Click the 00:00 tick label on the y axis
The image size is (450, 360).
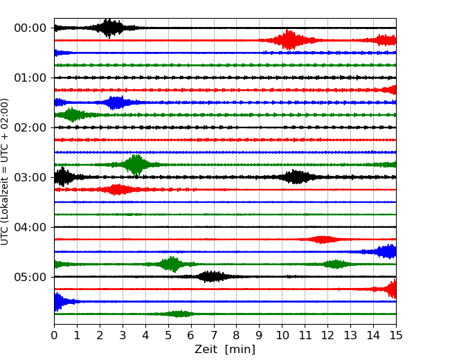[x=30, y=28]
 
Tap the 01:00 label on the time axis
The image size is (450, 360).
[x=30, y=78]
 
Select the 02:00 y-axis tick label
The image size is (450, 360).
[x=30, y=127]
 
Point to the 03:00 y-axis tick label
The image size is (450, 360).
[x=30, y=177]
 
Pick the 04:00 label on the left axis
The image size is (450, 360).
[x=30, y=227]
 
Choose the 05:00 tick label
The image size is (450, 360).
[x=30, y=277]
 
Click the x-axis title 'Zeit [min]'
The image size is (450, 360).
[x=225, y=350]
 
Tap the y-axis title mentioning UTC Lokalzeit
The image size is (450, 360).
[x=6, y=171]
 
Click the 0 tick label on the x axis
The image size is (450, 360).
[x=54, y=336]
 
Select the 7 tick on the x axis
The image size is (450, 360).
[x=213, y=336]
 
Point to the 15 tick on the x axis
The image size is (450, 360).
[x=396, y=336]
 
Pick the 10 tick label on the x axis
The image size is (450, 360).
[x=282, y=336]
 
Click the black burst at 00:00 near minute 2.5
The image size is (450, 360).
[x=109, y=28]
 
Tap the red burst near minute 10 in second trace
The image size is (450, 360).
[x=289, y=40]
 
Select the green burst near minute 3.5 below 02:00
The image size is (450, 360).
[x=136, y=165]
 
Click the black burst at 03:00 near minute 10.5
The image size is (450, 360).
[x=297, y=177]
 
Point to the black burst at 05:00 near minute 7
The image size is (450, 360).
[x=212, y=277]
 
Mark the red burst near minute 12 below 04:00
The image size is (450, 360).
[x=321, y=240]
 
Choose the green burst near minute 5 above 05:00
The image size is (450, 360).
[x=171, y=264]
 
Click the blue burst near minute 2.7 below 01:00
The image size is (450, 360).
[x=116, y=102]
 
